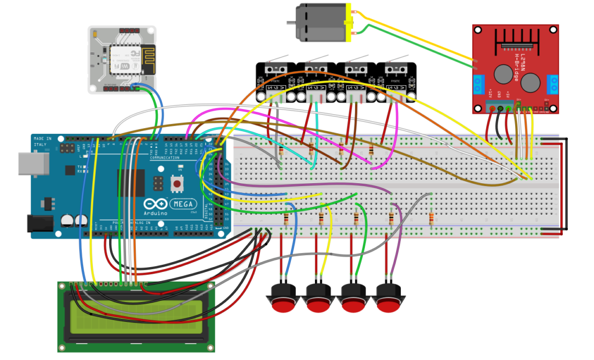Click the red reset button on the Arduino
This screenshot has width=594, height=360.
pos(176,184)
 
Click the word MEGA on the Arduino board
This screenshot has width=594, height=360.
pos(185,204)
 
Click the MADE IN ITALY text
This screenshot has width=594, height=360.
pos(43,141)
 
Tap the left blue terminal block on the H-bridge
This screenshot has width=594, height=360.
pos(479,84)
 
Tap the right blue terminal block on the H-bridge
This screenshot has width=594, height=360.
pos(553,84)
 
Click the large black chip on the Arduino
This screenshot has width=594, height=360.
pos(131,184)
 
